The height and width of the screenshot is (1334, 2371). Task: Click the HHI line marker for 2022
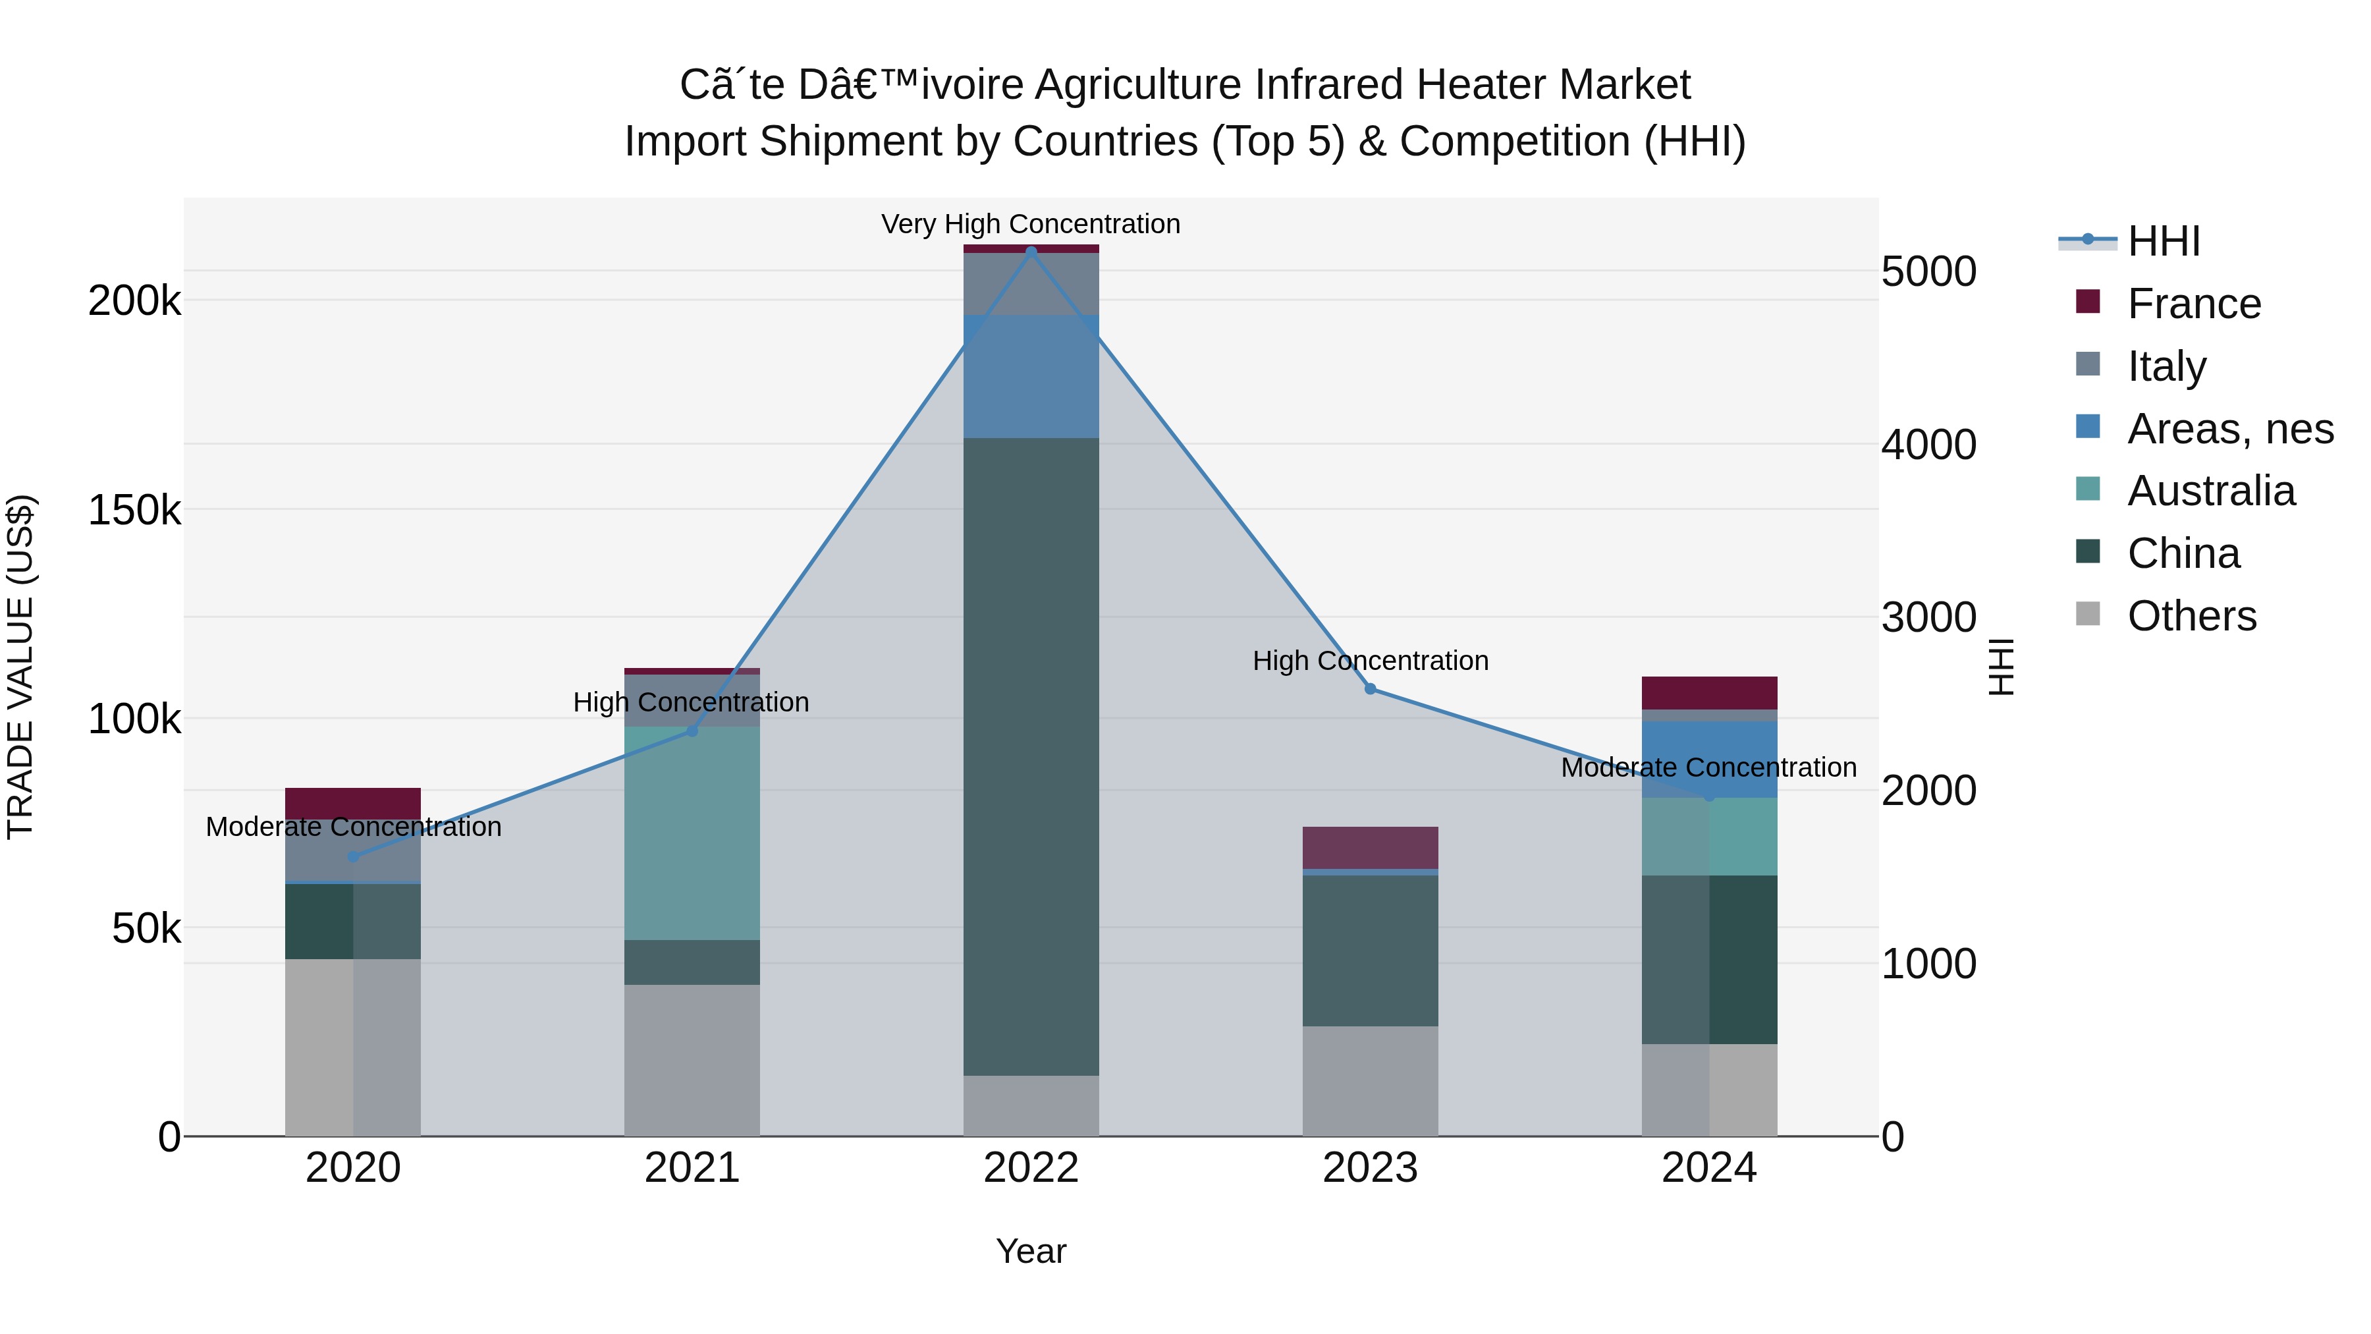tap(1031, 250)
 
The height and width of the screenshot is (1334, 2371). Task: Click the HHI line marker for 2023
tap(1370, 688)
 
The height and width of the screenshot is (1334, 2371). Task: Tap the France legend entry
tap(2193, 304)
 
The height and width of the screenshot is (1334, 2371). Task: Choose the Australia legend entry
tap(2211, 491)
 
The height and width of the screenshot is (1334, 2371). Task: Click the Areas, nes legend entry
tap(2229, 429)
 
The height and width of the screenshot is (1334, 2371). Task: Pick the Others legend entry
tap(2191, 616)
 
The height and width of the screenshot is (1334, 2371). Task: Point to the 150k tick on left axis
tap(134, 510)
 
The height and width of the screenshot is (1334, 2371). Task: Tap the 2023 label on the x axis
tap(1370, 1168)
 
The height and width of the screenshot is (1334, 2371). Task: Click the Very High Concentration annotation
tap(1031, 224)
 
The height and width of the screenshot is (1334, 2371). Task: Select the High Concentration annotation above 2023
tap(1370, 660)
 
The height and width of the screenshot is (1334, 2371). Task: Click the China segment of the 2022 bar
tap(1031, 755)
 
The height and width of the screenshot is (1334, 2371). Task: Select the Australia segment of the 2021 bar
tap(692, 833)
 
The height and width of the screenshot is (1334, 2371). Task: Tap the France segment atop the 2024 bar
tap(1708, 692)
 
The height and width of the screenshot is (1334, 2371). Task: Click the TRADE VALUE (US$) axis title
tap(20, 667)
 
